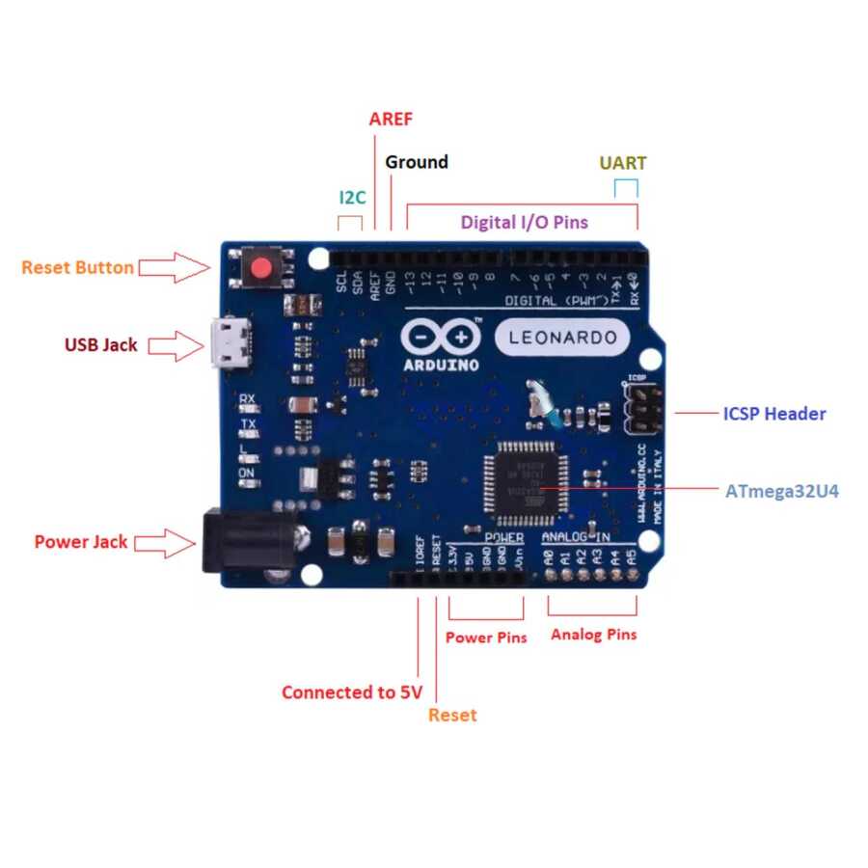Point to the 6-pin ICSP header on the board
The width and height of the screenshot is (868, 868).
(641, 410)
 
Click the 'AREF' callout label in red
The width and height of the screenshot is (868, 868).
(391, 120)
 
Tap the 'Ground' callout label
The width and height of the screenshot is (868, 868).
(417, 162)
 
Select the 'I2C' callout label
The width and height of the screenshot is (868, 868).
(352, 198)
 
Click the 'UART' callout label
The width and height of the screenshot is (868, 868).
(623, 163)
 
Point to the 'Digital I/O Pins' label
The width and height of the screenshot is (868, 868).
(524, 222)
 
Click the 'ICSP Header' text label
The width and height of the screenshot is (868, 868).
(774, 414)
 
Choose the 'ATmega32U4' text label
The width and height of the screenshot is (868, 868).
(782, 491)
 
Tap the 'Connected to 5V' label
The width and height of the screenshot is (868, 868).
(344, 692)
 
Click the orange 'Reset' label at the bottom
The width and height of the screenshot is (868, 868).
(452, 715)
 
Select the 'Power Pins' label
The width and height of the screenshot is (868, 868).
(486, 637)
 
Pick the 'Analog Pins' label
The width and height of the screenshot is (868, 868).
(594, 635)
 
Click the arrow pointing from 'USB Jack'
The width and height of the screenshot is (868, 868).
(175, 344)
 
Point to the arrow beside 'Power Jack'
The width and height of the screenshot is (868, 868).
(165, 542)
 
